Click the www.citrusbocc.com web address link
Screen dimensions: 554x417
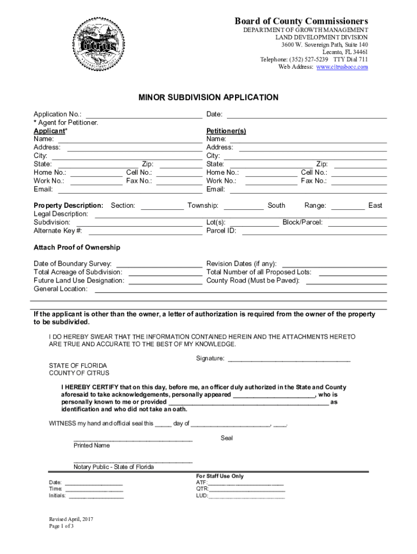[342, 67]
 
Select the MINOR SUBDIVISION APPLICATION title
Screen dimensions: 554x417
[208, 98]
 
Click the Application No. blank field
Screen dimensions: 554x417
[144, 115]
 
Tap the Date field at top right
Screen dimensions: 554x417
[306, 115]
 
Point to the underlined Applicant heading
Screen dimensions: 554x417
[49, 131]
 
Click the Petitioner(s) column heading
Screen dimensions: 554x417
[226, 131]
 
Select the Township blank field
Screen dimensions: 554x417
[243, 206]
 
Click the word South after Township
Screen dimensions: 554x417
[276, 206]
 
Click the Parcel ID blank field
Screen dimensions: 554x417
[314, 231]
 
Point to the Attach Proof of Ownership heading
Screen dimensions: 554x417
[77, 248]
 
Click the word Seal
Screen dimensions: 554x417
[227, 438]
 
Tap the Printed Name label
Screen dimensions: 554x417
[92, 446]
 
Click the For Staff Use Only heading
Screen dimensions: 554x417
[220, 477]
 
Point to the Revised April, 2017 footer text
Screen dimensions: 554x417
[71, 519]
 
